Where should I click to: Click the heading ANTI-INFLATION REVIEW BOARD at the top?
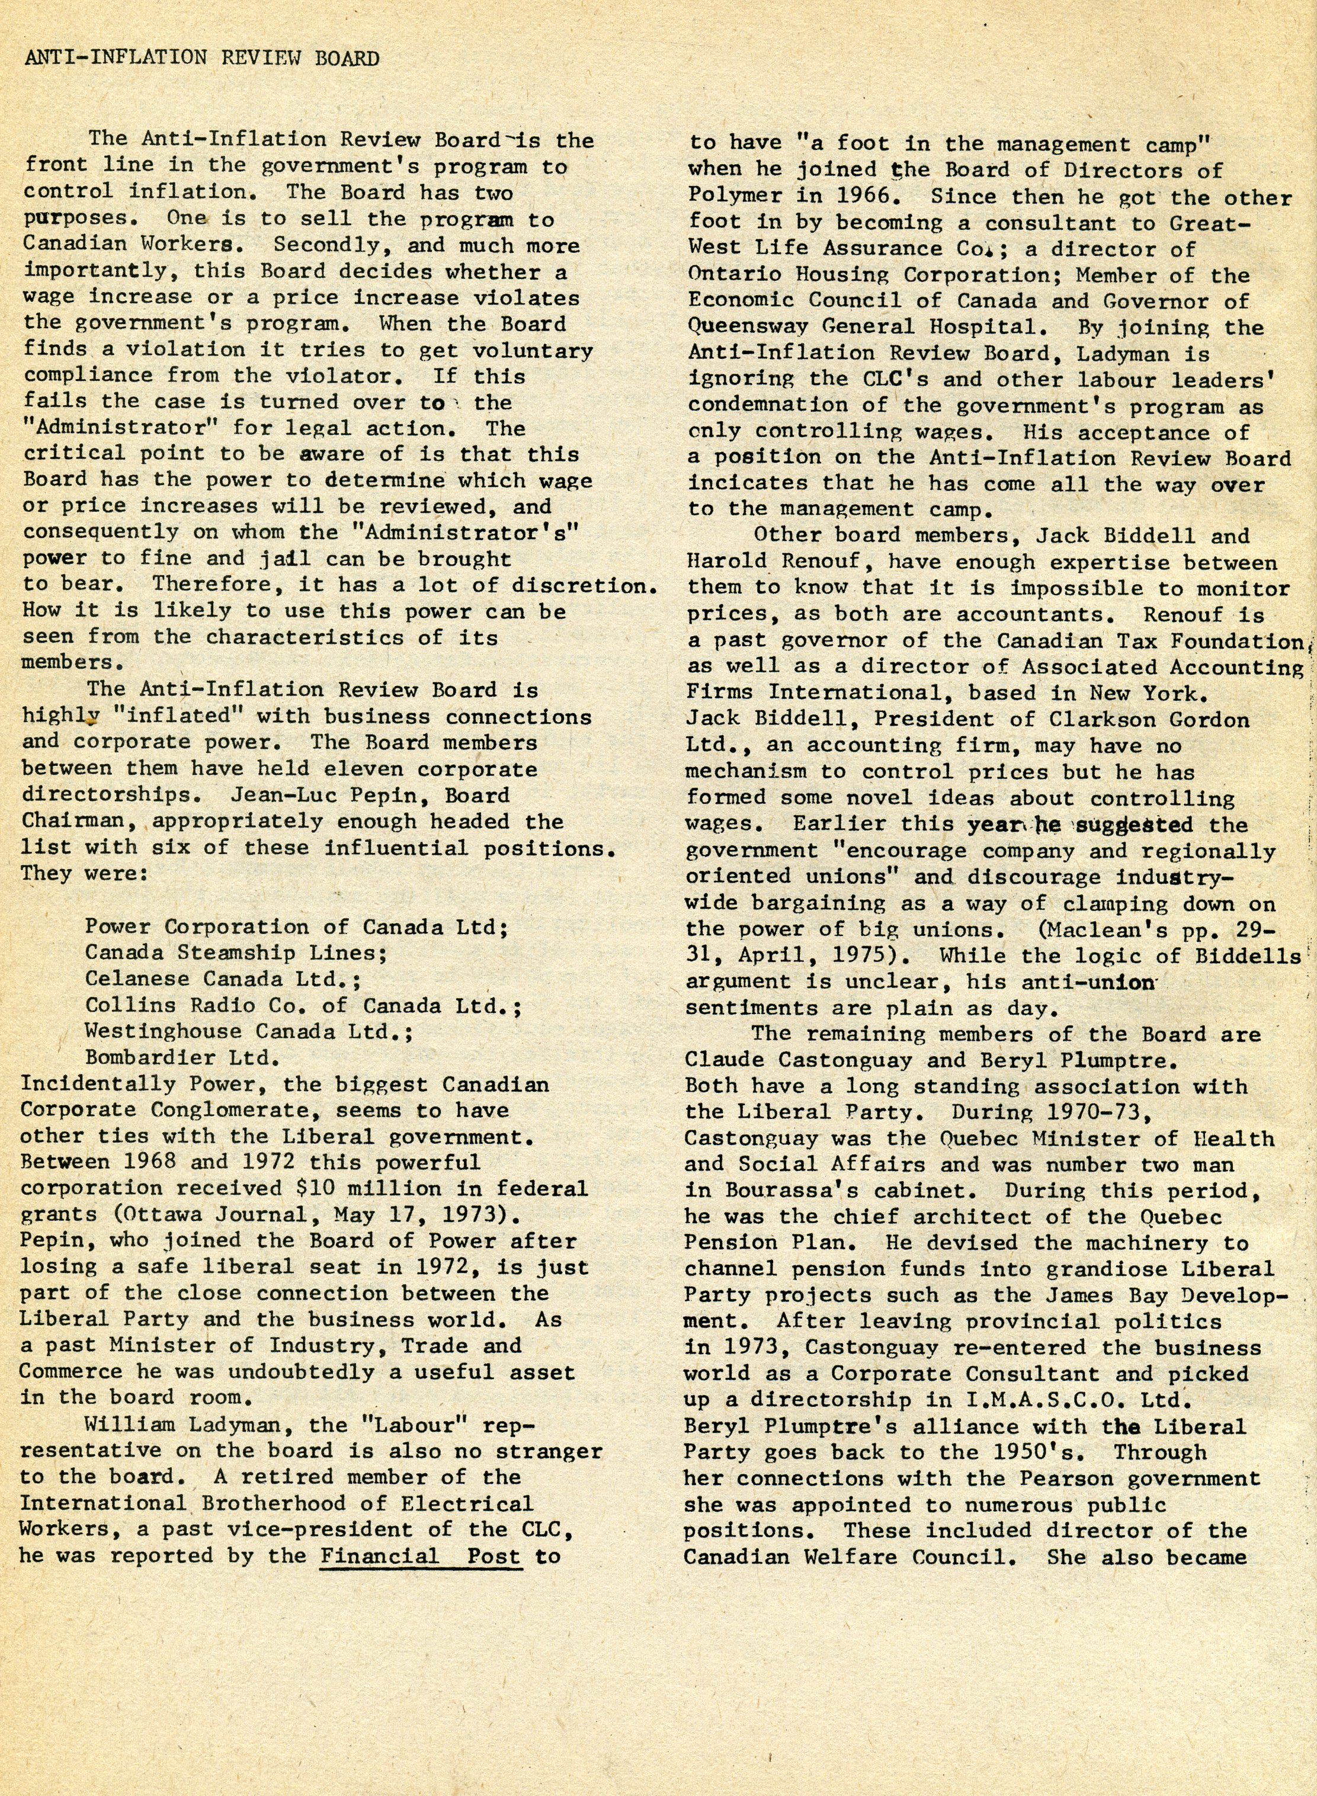[201, 58]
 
